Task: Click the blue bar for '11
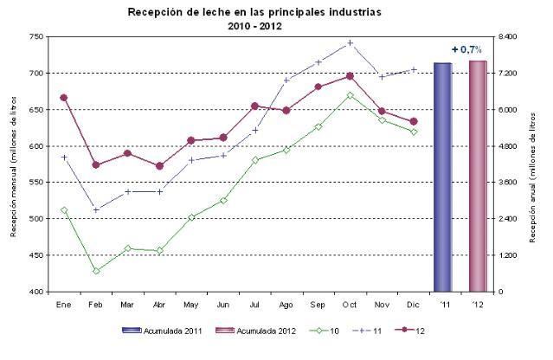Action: (442, 177)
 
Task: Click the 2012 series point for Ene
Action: (64, 98)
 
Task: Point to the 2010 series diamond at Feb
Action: (96, 271)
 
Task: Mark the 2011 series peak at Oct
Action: (350, 42)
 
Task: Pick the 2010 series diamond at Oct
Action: (350, 95)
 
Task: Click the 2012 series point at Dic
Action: (413, 121)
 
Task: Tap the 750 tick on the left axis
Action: (35, 37)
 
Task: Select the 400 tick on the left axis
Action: (35, 292)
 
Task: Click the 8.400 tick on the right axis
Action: (505, 37)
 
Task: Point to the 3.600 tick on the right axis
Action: (505, 183)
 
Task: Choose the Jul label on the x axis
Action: (254, 305)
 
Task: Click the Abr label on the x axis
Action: (159, 305)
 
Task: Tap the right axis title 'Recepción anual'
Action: (524, 164)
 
